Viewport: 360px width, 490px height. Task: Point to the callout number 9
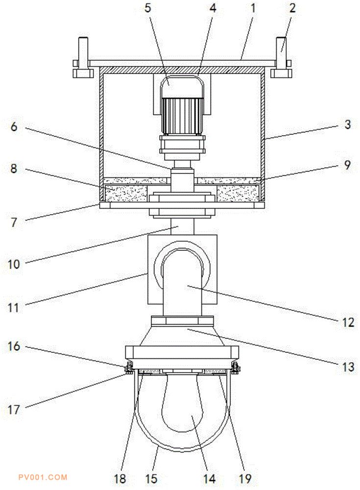[x=347, y=165]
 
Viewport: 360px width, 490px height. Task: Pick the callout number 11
[x=14, y=308]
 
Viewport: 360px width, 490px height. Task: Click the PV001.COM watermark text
[x=42, y=477]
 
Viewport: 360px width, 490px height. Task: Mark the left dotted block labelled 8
[x=126, y=193]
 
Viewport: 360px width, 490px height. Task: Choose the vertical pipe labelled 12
[x=182, y=289]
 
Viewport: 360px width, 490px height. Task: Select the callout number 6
[x=14, y=127]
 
